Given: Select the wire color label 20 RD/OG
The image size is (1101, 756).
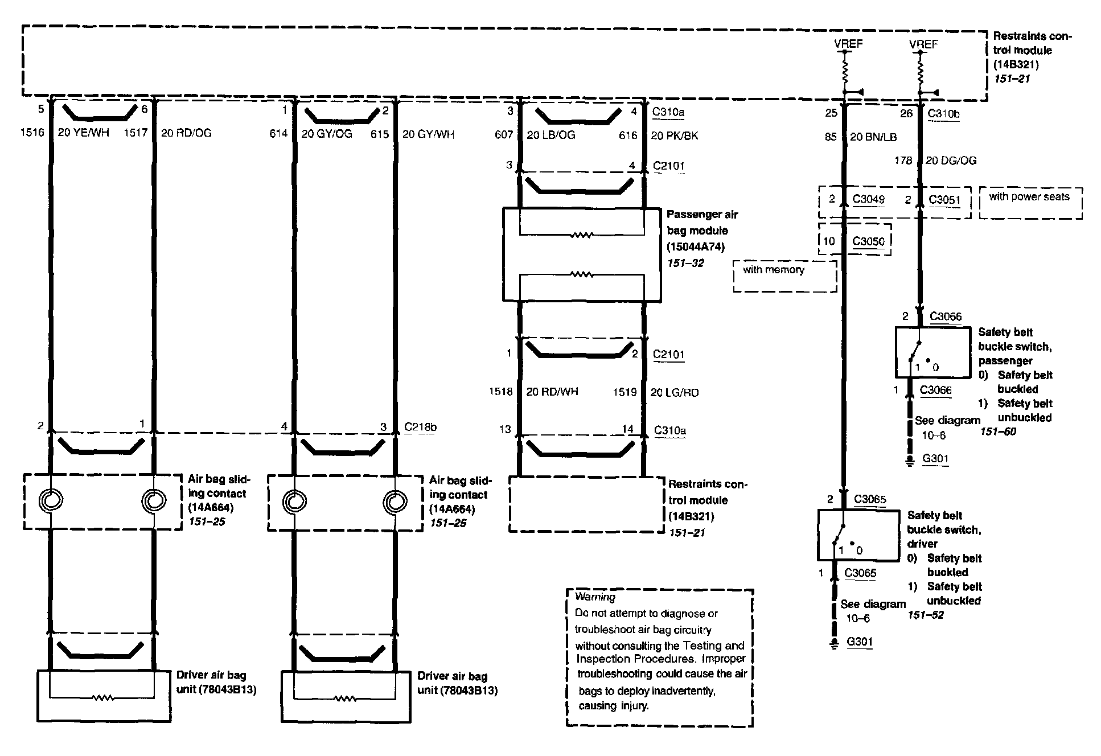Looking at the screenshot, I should pyautogui.click(x=186, y=133).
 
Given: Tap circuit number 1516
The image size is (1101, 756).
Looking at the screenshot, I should pyautogui.click(x=32, y=133).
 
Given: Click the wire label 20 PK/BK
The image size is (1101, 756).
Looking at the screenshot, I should pyautogui.click(x=675, y=135).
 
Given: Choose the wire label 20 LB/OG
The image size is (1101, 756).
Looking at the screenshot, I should pyautogui.click(x=550, y=135).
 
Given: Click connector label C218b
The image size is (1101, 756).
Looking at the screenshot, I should pyautogui.click(x=421, y=427).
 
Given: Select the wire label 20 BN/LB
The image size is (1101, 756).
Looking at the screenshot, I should pyautogui.click(x=873, y=137).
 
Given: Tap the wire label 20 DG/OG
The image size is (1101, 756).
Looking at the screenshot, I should pyautogui.click(x=951, y=161).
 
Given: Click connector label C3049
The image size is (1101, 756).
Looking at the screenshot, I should pyautogui.click(x=869, y=199).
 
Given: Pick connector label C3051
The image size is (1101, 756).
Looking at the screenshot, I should pyautogui.click(x=944, y=200).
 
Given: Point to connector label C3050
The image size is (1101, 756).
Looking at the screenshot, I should pyautogui.click(x=869, y=241).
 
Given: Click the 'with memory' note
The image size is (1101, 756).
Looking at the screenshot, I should pyautogui.click(x=774, y=270).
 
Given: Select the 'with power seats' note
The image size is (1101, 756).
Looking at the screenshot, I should pyautogui.click(x=1029, y=197).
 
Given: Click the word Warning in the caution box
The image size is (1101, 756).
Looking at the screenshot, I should pyautogui.click(x=595, y=597).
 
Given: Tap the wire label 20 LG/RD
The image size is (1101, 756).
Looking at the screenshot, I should pyautogui.click(x=675, y=392).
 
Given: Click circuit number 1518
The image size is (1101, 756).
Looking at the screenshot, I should pyautogui.click(x=500, y=392).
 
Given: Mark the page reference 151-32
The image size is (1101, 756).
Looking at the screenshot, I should pyautogui.click(x=685, y=263).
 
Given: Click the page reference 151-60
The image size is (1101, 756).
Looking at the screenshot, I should pyautogui.click(x=998, y=432).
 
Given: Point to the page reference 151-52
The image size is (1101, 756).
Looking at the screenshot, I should pyautogui.click(x=926, y=615).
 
